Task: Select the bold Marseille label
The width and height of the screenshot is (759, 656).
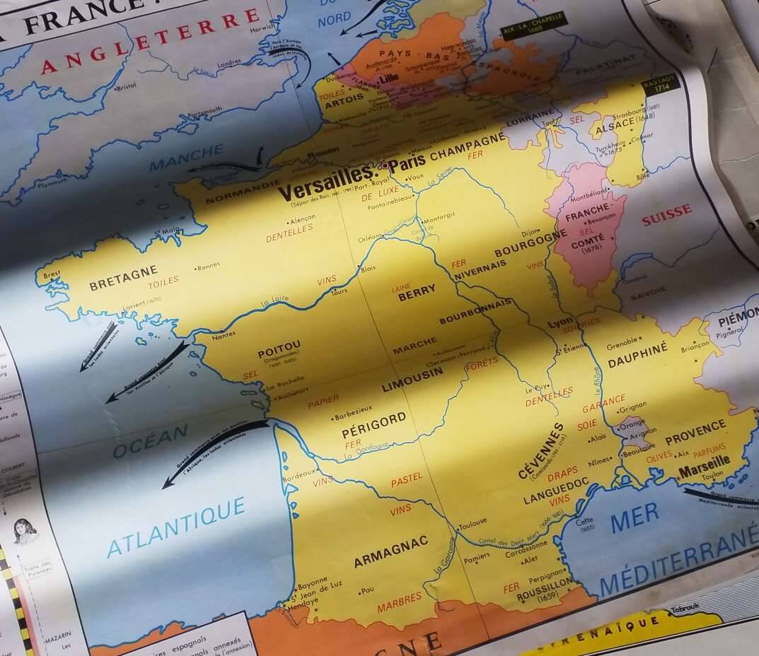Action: (x=704, y=465)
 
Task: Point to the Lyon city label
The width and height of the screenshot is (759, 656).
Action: (x=560, y=323)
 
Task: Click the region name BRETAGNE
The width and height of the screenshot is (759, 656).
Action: (x=123, y=279)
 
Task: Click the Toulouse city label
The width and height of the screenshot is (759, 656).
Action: (x=473, y=523)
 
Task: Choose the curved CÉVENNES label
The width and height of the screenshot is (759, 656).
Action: (x=541, y=450)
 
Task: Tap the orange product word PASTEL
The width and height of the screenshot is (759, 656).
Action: (x=407, y=480)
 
